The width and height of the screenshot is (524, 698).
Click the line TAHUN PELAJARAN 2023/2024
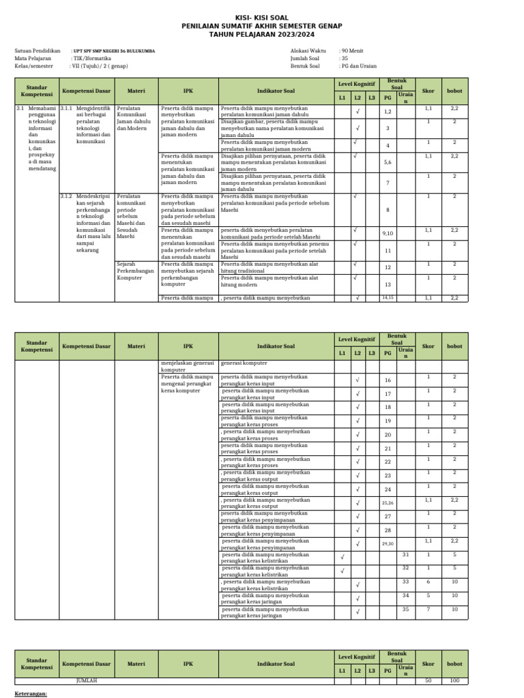(262, 35)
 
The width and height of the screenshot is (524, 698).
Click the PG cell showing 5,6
(388, 162)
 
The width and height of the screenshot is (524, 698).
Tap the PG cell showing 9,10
(388, 233)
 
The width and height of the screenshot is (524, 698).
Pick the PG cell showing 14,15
(388, 297)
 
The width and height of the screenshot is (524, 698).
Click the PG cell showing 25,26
(388, 503)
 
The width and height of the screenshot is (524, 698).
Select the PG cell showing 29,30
(388, 544)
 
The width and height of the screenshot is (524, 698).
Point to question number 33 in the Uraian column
(405, 581)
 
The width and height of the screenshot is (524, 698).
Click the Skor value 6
(428, 581)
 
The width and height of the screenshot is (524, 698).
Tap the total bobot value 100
(454, 681)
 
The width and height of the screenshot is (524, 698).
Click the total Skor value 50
(428, 681)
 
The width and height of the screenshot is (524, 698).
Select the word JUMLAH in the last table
(86, 681)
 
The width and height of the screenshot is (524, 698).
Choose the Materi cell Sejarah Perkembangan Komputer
(136, 271)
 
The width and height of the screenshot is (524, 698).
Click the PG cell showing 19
(388, 421)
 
